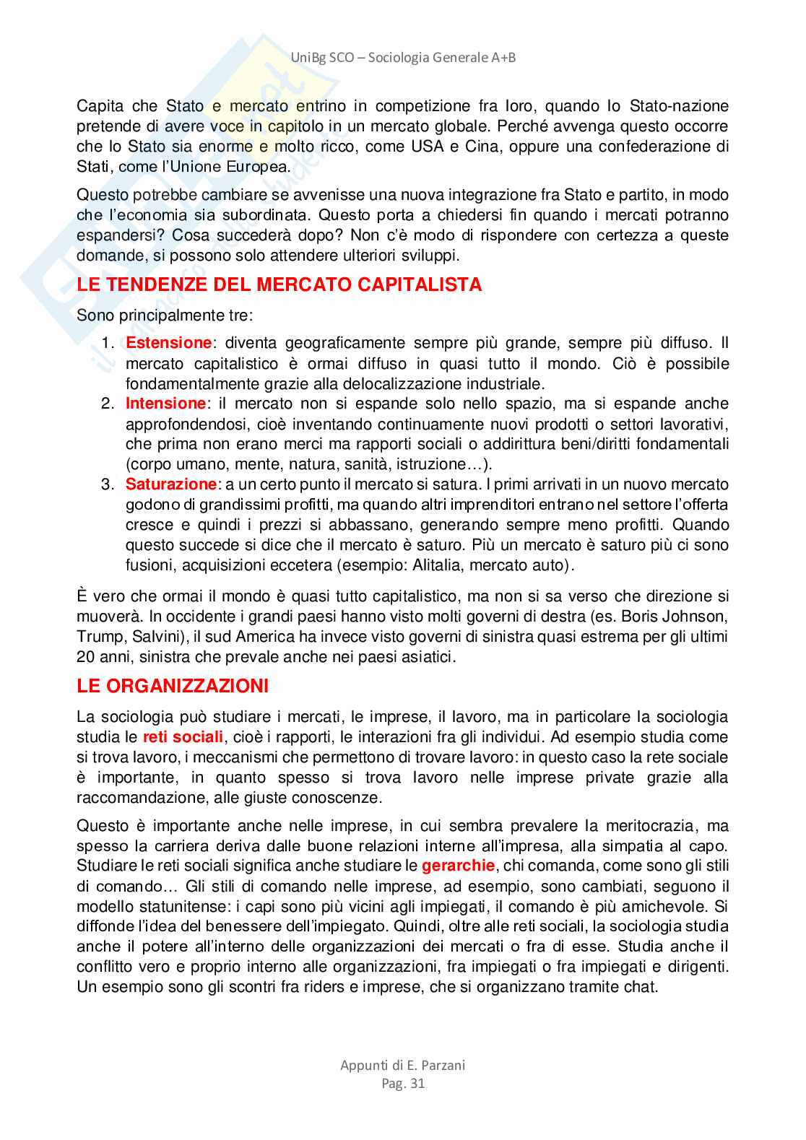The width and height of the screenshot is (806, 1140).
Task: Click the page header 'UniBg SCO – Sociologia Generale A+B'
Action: click(403, 58)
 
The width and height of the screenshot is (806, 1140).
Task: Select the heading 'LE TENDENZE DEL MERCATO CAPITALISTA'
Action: click(279, 285)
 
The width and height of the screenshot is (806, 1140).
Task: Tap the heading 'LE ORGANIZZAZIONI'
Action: click(173, 686)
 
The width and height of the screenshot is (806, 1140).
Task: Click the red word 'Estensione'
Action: click(169, 343)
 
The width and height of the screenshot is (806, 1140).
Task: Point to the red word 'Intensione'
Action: click(166, 404)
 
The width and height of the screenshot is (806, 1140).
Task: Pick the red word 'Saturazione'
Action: click(171, 484)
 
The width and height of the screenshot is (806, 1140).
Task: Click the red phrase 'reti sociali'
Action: click(183, 737)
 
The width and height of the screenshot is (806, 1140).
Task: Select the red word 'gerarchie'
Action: click(458, 866)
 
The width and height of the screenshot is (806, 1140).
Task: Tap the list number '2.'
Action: click(108, 404)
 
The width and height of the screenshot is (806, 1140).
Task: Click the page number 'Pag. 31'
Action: click(403, 1083)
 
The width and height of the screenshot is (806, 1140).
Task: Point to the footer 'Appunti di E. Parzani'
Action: click(403, 1065)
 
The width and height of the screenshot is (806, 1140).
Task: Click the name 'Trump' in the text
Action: click(97, 637)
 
